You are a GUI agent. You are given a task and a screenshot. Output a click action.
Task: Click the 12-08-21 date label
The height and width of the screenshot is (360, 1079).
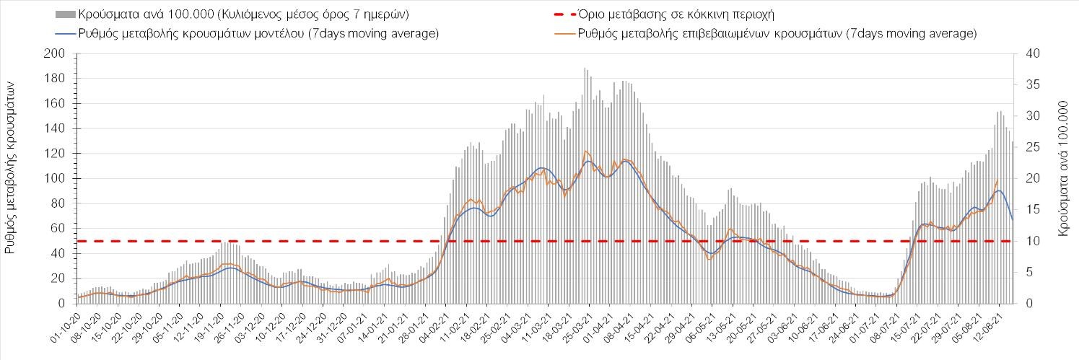990,324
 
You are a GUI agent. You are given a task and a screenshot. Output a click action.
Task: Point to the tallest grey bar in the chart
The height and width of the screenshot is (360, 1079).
585,69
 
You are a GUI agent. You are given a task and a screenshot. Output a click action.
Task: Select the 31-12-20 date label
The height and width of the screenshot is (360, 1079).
336,324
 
